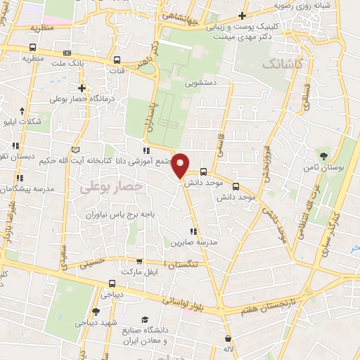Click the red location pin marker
point(181,165)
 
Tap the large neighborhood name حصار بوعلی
point(111,186)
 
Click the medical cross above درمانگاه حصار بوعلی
point(82,88)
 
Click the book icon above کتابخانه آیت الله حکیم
point(75,150)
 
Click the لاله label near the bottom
point(227,349)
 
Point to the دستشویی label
point(201,82)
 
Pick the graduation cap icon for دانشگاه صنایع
point(144,319)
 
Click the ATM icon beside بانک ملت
point(67,53)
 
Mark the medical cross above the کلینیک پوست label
point(243,15)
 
